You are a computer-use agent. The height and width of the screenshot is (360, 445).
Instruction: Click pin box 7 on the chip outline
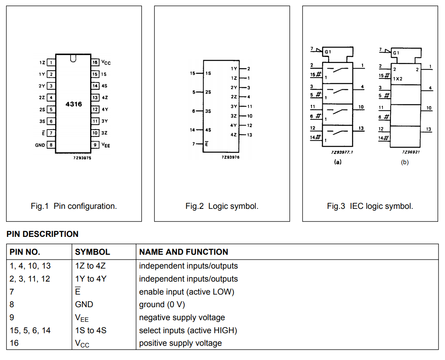point(51,133)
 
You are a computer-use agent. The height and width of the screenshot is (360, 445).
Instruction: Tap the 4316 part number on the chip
point(74,104)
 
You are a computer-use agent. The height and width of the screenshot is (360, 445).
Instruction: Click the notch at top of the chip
point(73,58)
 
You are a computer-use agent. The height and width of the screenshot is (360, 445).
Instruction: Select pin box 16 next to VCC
point(95,62)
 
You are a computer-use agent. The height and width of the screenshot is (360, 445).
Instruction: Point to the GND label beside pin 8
point(40,145)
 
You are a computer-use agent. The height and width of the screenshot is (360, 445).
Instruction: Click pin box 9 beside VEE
point(95,145)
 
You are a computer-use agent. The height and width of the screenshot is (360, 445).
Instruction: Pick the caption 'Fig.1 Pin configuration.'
point(74,206)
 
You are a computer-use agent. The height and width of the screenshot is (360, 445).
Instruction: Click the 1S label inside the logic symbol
point(208,73)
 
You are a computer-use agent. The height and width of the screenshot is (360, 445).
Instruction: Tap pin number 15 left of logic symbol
point(192,73)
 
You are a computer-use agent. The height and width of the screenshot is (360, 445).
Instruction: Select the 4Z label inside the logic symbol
point(233,135)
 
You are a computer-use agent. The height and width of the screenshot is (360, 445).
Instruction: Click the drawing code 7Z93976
point(231,157)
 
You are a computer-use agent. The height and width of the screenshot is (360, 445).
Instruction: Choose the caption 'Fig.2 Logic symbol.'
point(222,206)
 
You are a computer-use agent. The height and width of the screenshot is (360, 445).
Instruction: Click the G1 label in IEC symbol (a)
point(328,52)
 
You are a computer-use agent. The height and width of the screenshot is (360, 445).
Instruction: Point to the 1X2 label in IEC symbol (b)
point(397,79)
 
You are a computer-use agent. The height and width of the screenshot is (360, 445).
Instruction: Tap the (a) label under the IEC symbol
point(338,162)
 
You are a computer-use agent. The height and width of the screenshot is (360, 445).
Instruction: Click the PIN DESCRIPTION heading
point(43,234)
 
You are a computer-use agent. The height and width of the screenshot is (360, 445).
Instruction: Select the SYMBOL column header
point(93,252)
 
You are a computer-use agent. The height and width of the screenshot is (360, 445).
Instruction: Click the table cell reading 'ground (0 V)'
point(162,304)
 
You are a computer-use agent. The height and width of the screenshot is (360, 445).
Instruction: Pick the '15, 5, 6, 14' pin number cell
point(30,330)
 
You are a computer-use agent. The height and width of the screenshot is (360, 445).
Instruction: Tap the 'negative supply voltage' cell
point(182,317)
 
